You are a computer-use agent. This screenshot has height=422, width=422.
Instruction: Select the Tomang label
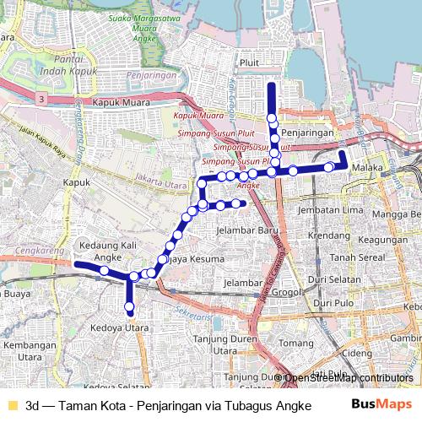point(295,344)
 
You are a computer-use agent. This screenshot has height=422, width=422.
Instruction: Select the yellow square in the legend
point(11,404)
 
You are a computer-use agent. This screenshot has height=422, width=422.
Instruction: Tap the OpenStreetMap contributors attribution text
point(348,377)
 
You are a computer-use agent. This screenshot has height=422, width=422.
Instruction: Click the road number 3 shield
point(42,99)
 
